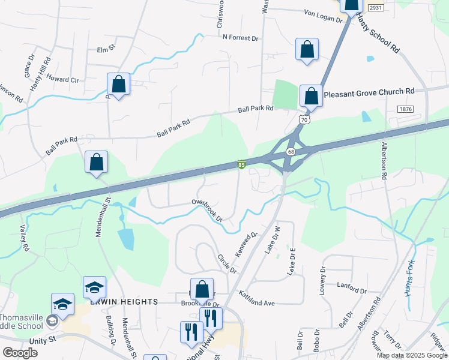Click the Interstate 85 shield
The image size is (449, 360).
click(241, 164)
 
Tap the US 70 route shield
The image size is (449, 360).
click(304, 120)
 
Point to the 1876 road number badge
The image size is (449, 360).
click(405, 109)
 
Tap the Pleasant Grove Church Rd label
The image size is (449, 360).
click(369, 92)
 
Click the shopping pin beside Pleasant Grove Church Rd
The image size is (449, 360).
click(310, 96)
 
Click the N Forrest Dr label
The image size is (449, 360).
click(240, 38)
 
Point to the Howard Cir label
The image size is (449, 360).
click(62, 79)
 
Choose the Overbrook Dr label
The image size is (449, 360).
click(208, 210)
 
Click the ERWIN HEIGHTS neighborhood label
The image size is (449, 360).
click(123, 302)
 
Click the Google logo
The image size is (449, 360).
click(20, 353)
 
